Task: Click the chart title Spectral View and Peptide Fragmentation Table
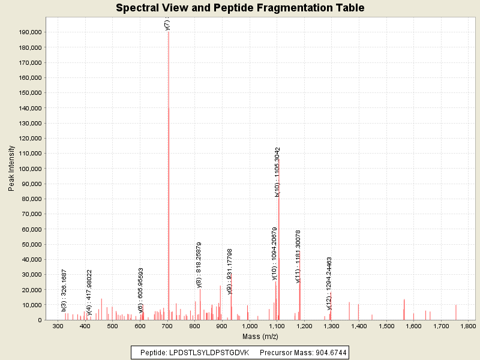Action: click(x=240, y=8)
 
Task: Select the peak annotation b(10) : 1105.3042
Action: click(x=278, y=172)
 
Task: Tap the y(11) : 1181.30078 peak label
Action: click(x=298, y=256)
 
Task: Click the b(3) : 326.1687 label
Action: click(x=64, y=290)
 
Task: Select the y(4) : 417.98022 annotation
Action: click(x=89, y=292)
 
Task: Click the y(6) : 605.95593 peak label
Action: click(x=141, y=290)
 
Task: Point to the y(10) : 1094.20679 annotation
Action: click(x=274, y=253)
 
